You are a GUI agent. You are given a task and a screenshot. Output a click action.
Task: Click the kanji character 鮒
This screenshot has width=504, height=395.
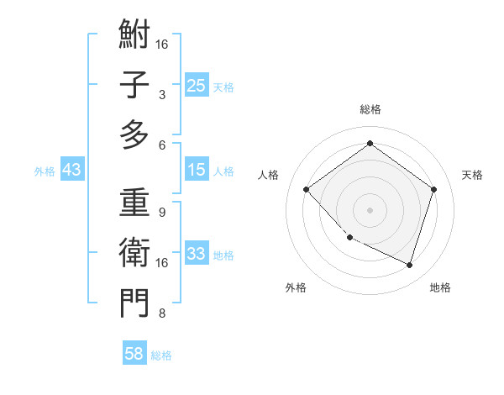pyautogui.click(x=134, y=34)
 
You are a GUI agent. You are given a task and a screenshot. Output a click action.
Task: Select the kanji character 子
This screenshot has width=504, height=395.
pyautogui.click(x=134, y=85)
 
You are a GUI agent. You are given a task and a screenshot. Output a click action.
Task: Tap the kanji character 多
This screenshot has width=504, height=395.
pyautogui.click(x=134, y=134)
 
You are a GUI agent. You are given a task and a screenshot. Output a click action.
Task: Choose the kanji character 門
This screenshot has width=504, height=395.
pyautogui.click(x=134, y=303)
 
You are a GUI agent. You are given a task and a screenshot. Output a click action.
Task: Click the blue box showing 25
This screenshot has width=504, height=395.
pyautogui.click(x=196, y=86)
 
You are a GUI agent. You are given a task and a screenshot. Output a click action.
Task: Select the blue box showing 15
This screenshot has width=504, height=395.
pyautogui.click(x=196, y=170)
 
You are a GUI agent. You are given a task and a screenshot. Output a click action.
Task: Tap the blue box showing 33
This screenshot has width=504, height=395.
pyautogui.click(x=196, y=254)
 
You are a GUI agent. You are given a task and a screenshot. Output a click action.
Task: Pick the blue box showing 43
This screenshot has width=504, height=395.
pyautogui.click(x=71, y=170)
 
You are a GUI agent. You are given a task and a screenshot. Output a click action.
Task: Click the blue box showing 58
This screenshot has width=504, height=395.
pyautogui.click(x=134, y=354)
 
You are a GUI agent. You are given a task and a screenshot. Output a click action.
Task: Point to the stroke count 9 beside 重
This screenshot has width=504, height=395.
pyautogui.click(x=161, y=213)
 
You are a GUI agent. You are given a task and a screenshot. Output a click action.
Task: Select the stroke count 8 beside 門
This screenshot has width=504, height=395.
pyautogui.click(x=161, y=313)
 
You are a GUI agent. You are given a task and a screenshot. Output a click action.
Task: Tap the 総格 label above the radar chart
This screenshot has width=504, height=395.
pyautogui.click(x=370, y=109)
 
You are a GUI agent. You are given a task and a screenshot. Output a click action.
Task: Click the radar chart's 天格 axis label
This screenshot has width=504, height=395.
pyautogui.click(x=472, y=175)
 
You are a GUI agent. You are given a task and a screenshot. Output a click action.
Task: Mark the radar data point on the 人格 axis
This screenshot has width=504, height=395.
pyautogui.click(x=307, y=190)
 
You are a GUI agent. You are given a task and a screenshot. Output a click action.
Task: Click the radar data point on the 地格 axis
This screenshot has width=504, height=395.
pyautogui.click(x=409, y=265)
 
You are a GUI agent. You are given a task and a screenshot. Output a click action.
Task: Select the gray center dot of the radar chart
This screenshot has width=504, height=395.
pyautogui.click(x=370, y=210)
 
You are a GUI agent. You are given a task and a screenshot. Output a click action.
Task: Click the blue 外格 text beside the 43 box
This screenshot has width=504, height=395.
pyautogui.click(x=45, y=171)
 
